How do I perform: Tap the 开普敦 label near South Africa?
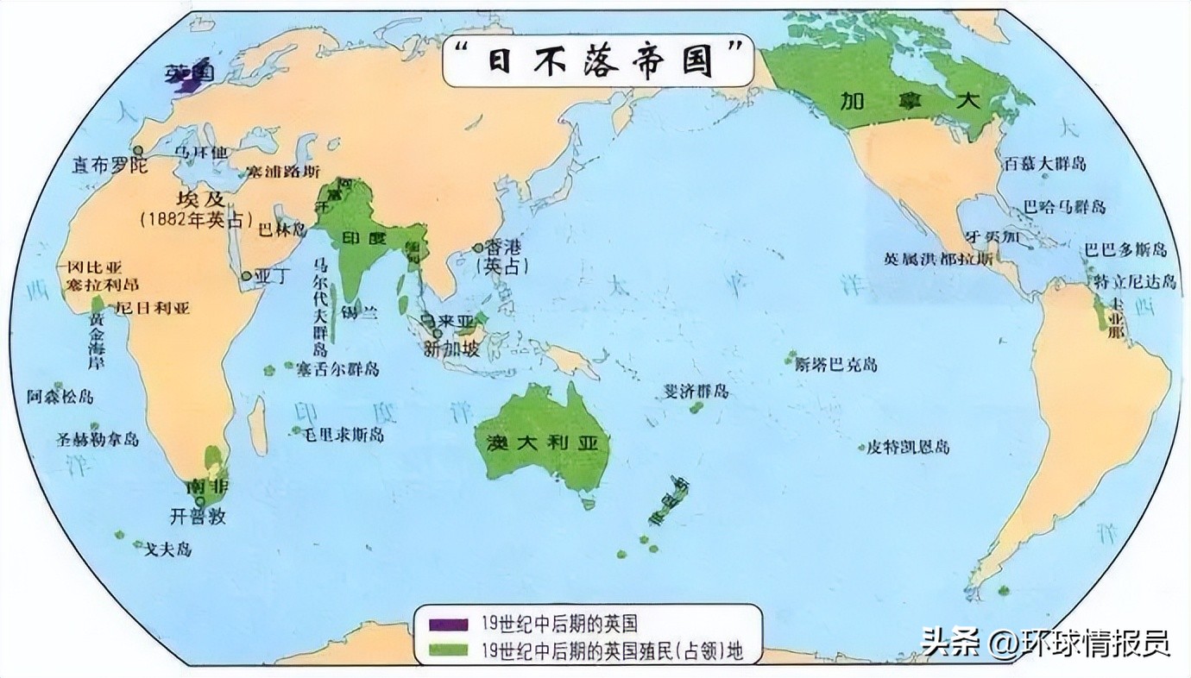pos(198,518)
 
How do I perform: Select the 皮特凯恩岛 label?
pos(908,447)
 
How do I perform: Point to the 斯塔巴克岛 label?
pos(836,364)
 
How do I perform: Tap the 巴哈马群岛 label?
pos(1063,207)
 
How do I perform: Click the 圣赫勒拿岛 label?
pos(98,439)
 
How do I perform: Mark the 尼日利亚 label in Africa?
pos(153,308)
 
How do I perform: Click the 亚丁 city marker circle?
pos(247,277)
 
